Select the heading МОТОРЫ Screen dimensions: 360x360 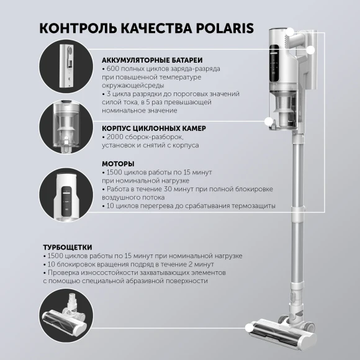tap(118, 164)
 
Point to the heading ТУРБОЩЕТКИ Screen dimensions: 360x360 tap(68, 246)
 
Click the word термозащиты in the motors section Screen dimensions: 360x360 tap(250, 205)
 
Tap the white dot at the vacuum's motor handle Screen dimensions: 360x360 tap(311, 50)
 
